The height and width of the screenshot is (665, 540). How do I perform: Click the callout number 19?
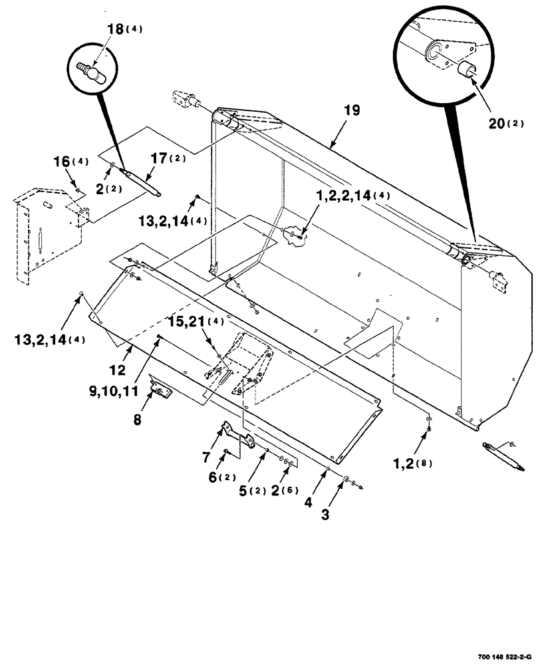[352, 111]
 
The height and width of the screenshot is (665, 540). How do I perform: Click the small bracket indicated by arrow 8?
[160, 386]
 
